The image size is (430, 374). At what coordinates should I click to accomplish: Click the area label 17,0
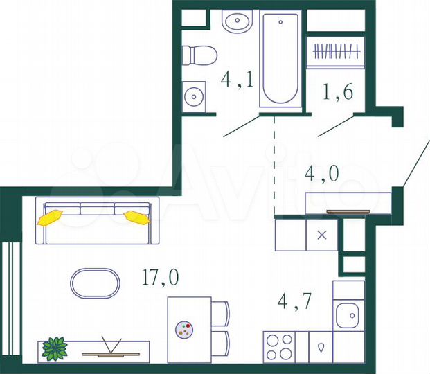click(160, 278)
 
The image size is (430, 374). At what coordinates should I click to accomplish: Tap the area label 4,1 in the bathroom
click(237, 80)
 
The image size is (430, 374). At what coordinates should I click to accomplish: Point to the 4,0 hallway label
click(322, 173)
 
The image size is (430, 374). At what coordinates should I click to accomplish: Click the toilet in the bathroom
click(199, 55)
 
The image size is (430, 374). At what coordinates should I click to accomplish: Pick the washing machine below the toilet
click(193, 96)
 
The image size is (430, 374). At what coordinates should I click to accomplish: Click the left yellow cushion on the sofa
click(50, 218)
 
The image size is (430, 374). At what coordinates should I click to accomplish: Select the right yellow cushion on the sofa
click(136, 217)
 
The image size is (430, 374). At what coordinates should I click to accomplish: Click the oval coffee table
click(96, 283)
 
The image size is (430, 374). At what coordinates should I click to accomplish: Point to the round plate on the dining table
click(185, 330)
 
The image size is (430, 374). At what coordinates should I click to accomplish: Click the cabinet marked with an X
click(321, 235)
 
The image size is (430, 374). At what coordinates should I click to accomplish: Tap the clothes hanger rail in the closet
click(336, 51)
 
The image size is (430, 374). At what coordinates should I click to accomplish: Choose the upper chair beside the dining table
click(220, 313)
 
